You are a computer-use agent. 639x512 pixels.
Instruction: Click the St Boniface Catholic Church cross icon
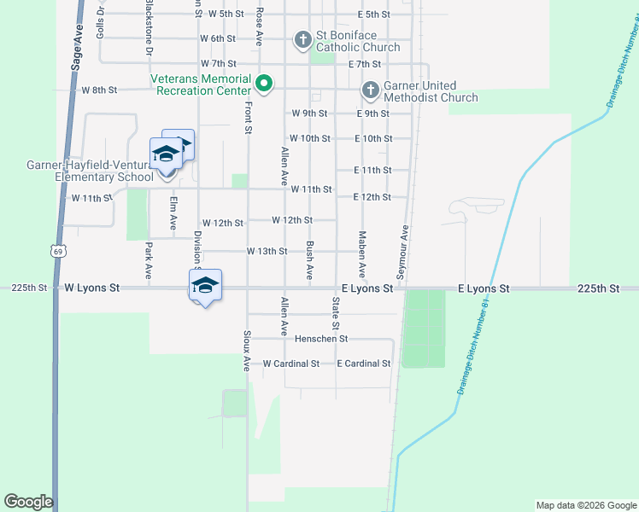click(302, 39)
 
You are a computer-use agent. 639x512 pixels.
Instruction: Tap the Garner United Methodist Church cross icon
click(371, 90)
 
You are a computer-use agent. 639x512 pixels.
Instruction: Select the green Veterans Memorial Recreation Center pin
click(265, 84)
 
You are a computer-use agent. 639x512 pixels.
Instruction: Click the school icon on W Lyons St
click(205, 285)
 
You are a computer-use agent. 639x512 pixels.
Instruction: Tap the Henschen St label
click(321, 339)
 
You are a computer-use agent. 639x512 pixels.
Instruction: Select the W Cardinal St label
click(290, 364)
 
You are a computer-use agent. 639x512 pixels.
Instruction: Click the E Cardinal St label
click(363, 364)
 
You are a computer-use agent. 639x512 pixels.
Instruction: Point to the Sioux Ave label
click(246, 351)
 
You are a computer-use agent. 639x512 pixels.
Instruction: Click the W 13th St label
click(267, 252)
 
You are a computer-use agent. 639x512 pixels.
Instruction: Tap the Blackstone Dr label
click(149, 27)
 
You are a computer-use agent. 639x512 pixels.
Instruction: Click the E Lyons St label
click(484, 289)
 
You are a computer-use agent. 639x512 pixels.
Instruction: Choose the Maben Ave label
click(362, 253)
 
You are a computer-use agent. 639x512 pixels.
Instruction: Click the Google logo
click(28, 502)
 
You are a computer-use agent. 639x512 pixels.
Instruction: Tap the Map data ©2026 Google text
click(585, 505)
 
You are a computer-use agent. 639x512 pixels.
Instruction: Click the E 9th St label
click(373, 113)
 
